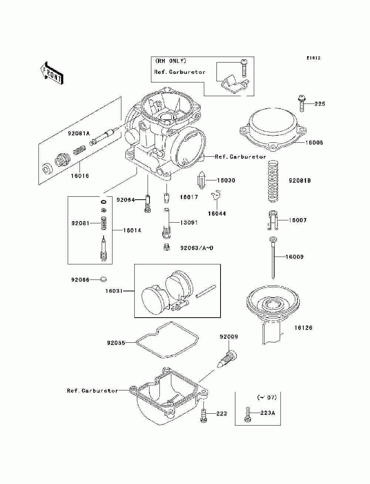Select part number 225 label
coord(320,104)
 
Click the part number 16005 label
coord(314,142)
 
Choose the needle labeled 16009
coord(272,259)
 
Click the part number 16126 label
coord(303,328)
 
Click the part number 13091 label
coord(189,223)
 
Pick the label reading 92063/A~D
coord(196,248)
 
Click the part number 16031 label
coord(114,291)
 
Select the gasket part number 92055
coord(116,343)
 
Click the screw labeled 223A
coord(248,414)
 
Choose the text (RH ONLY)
coord(170,61)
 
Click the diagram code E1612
coord(313,58)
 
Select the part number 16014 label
coord(132,230)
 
